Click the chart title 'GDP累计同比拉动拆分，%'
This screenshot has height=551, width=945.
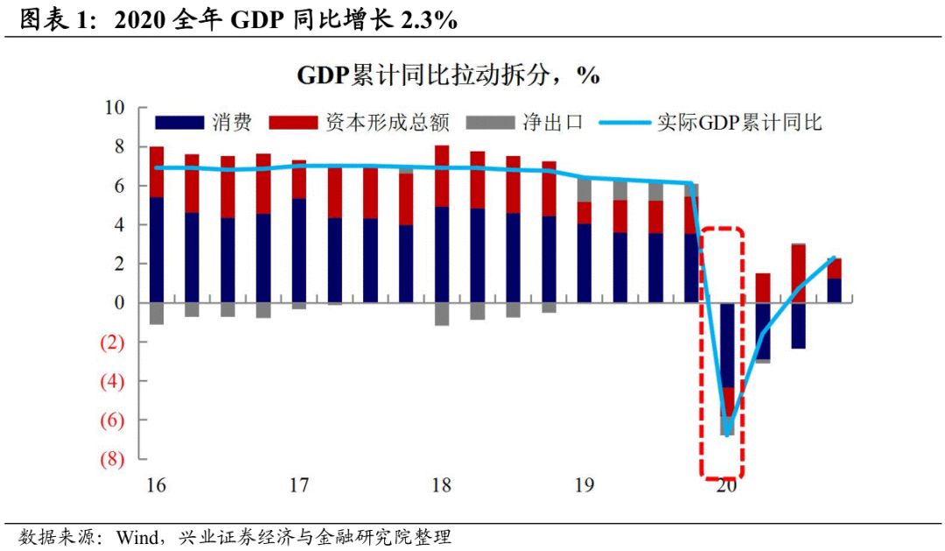point(448,75)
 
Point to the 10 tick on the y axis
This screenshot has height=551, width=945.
point(115,108)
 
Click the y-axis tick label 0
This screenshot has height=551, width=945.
point(120,303)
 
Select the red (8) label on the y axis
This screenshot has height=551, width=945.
point(115,459)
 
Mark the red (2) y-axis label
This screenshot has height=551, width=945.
point(115,343)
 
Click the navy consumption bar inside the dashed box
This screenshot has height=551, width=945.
point(727,342)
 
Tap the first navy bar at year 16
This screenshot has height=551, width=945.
point(157,250)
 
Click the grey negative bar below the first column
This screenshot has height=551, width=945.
point(157,314)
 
